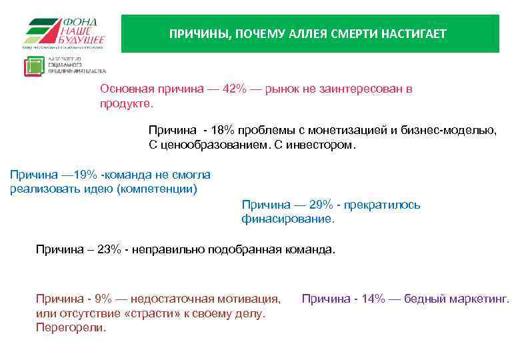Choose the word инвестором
[x=327, y=145]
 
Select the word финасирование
[x=288, y=219]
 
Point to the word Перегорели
[x=71, y=328]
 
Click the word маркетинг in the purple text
[x=481, y=299]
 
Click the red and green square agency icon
[x=33, y=67]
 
